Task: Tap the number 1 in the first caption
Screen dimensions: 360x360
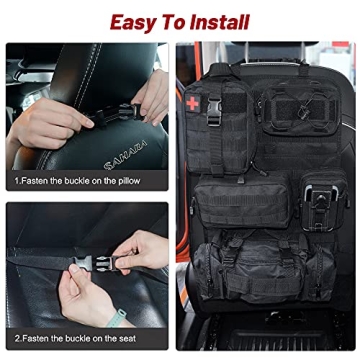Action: pos(17,183)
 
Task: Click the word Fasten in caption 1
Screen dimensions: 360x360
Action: pos(36,183)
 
